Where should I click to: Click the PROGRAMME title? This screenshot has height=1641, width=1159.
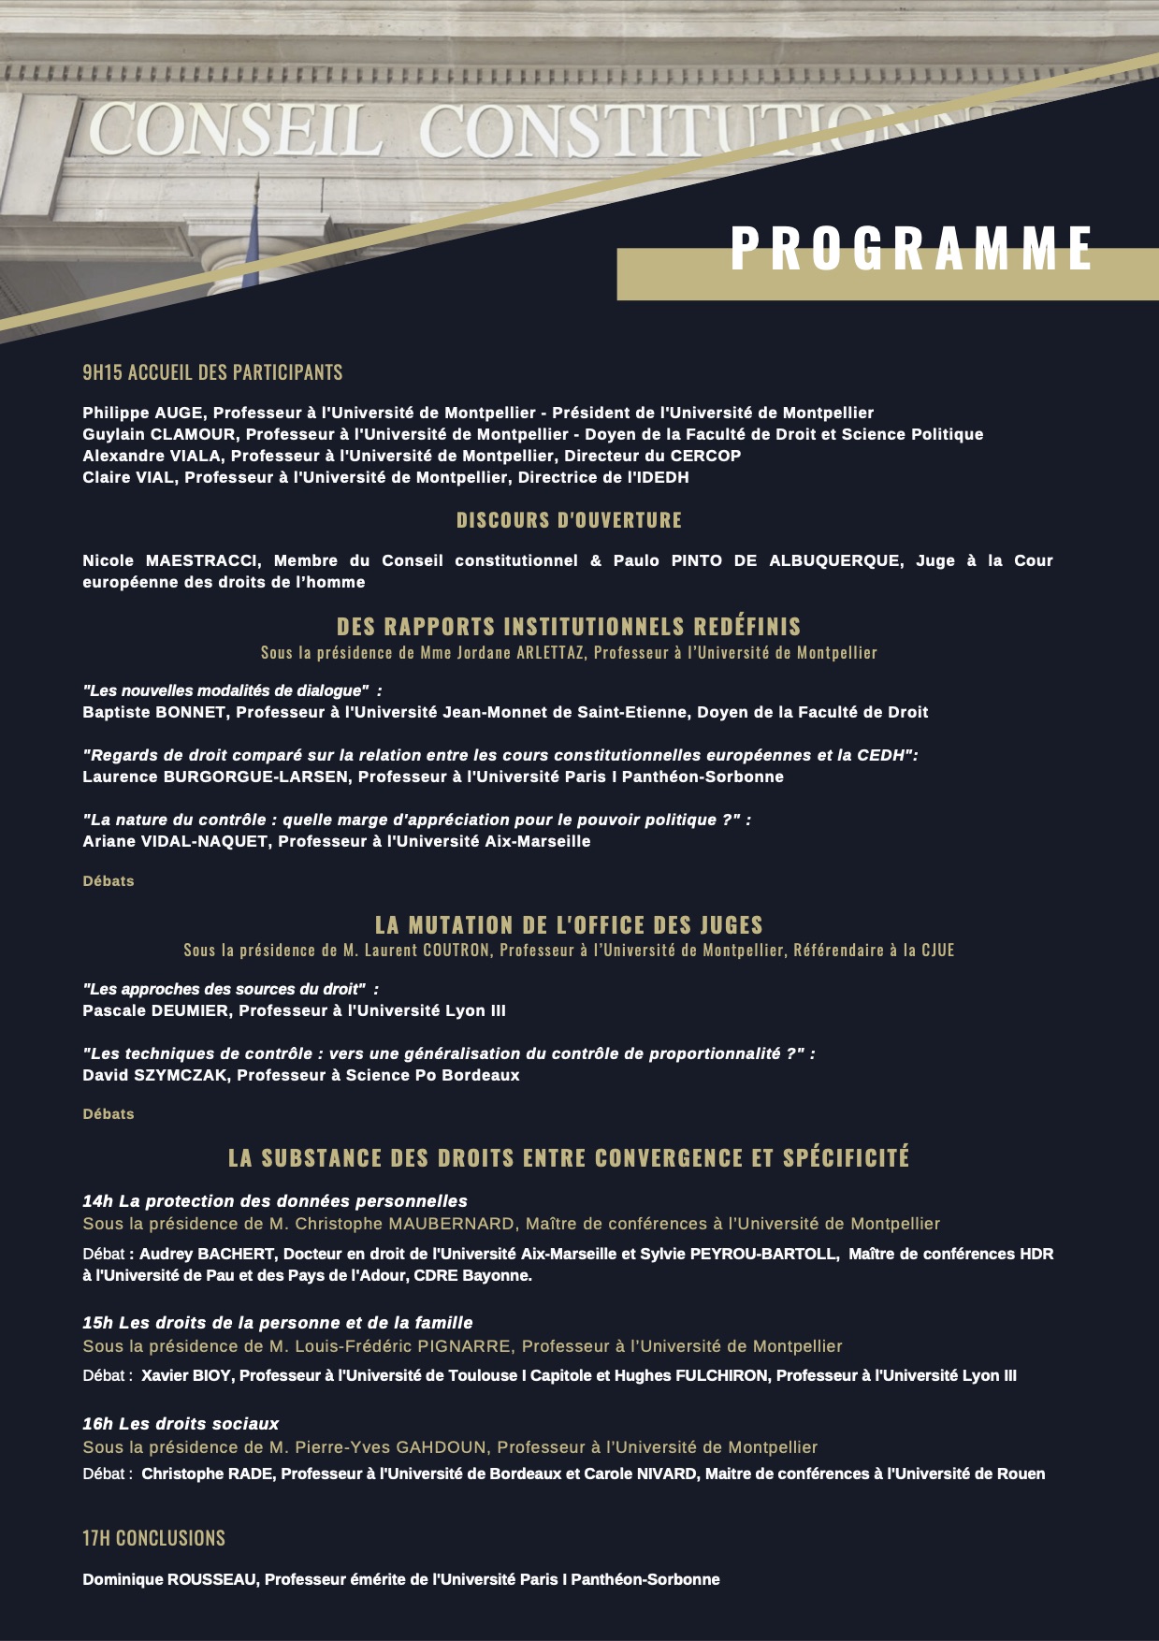coord(911,249)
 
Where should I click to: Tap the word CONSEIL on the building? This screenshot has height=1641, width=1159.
coord(235,130)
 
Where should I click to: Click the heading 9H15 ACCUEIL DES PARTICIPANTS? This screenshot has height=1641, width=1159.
coord(212,372)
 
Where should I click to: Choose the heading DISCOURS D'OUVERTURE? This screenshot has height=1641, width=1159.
coord(569,520)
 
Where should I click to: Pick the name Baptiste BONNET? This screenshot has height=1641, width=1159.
coord(154,712)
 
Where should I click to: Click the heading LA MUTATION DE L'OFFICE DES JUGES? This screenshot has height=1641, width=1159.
coord(569,925)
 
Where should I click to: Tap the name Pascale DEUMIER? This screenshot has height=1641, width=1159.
coord(155,1010)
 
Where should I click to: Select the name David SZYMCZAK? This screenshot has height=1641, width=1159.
coord(154,1075)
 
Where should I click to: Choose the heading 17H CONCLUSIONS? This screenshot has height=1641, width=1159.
coord(153,1538)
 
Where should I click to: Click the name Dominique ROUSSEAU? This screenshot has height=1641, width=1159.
coord(169,1579)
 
